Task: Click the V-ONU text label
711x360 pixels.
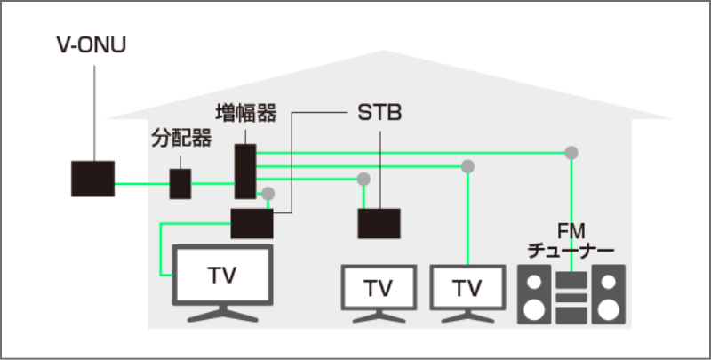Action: tap(91, 44)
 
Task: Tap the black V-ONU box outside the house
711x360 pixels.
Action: tap(92, 179)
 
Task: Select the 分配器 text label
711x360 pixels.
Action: tap(181, 139)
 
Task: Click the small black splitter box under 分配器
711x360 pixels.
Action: tap(180, 183)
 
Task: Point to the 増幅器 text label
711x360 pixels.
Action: tap(246, 114)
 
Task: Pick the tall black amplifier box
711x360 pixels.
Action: tap(245, 172)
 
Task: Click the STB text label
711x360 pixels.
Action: tap(379, 115)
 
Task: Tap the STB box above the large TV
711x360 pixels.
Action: tap(252, 223)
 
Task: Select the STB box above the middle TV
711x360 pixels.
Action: tap(379, 223)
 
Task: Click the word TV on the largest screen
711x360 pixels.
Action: tap(222, 276)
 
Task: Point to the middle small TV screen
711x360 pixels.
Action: tap(379, 288)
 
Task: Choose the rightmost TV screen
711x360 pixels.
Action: tap(466, 288)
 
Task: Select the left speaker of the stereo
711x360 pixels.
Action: tap(533, 294)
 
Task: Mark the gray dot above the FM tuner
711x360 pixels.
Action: tap(571, 152)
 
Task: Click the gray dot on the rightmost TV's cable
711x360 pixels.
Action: tap(467, 166)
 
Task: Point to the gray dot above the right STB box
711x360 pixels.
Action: tap(363, 179)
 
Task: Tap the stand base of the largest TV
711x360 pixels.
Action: tap(222, 315)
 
